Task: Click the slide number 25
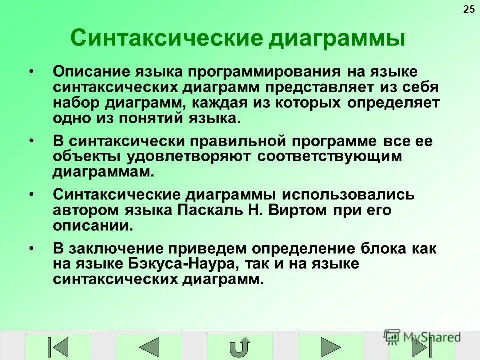[469, 9]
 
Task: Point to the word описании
[93, 226]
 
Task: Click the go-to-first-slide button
[59, 347]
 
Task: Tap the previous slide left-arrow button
[149, 347]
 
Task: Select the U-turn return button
[240, 347]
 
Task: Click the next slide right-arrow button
[330, 347]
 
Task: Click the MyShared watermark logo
[422, 337]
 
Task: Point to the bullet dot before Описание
[32, 71]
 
